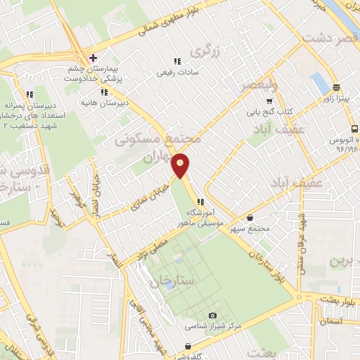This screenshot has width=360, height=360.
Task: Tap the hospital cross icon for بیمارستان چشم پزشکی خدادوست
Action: click(93, 57)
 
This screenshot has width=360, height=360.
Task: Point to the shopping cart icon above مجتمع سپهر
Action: click(252, 219)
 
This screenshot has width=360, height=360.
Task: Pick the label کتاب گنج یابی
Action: click(268, 111)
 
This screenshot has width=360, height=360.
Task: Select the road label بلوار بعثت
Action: click(338, 299)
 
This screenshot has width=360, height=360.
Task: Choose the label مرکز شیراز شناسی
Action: click(213, 327)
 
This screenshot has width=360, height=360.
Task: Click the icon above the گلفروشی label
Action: click(188, 346)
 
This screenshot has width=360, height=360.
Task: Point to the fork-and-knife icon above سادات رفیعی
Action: click(177, 60)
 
